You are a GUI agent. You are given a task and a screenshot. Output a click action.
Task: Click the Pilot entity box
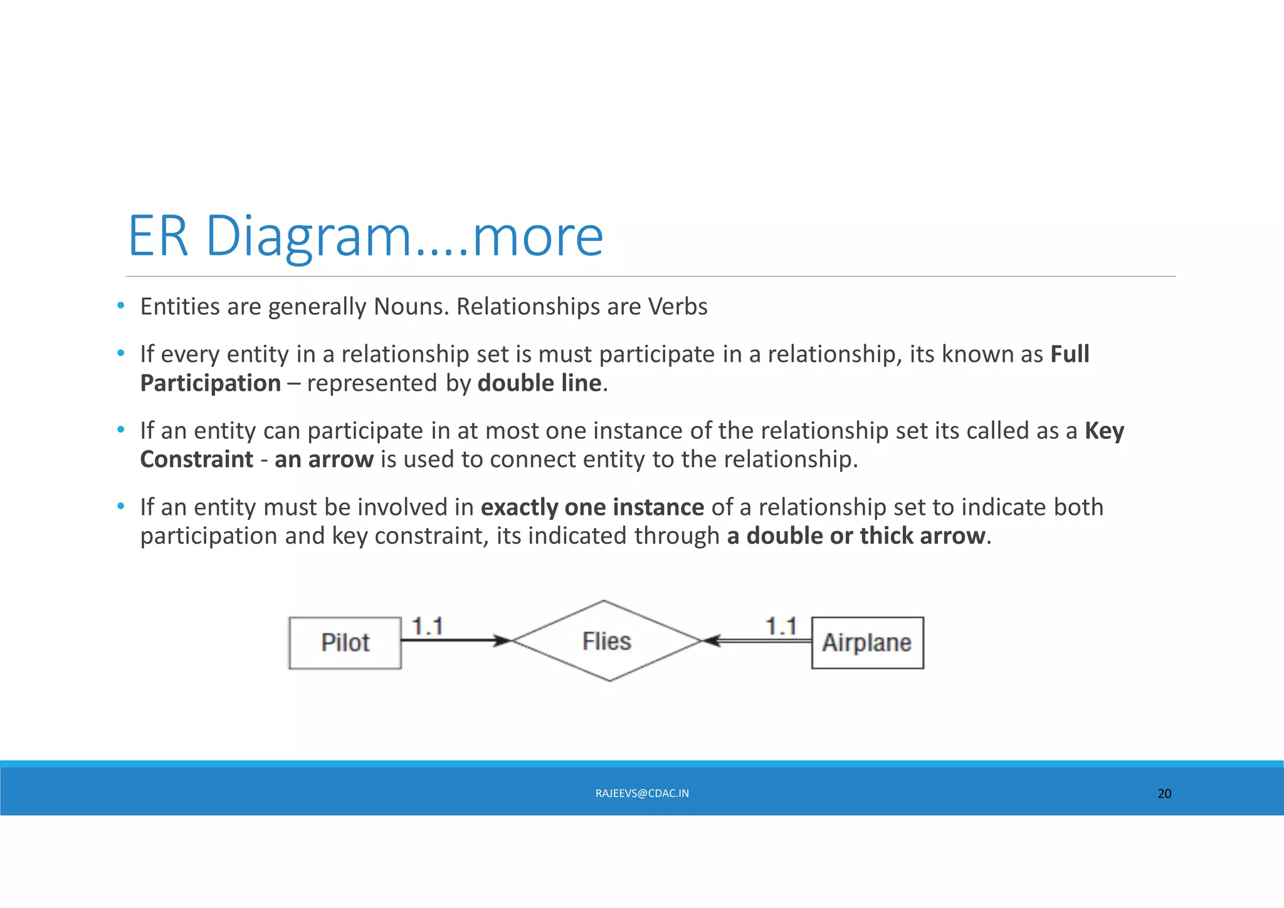pos(345,643)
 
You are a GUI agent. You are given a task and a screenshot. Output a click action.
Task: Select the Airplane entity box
pos(867,643)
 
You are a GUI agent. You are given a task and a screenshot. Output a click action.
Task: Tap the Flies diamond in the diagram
pos(606,641)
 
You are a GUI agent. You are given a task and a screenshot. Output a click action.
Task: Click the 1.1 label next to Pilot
pos(428,626)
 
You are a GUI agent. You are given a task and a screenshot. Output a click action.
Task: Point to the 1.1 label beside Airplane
pos(781,626)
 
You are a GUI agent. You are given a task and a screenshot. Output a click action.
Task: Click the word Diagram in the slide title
pos(308,237)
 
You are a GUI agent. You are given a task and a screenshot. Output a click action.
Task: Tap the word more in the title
pos(538,237)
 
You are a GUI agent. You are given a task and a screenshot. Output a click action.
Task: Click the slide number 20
pos(1164,793)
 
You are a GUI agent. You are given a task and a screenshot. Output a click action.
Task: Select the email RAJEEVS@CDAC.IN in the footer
pos(642,793)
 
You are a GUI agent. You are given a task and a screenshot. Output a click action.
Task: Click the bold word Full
pos(1070,354)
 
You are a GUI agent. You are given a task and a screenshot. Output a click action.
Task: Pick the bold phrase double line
pos(539,383)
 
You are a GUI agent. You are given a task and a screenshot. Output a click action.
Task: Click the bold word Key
pos(1104,431)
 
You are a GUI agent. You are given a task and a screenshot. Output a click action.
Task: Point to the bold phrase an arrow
pos(324,460)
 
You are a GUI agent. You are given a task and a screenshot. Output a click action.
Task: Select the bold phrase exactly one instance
pos(592,507)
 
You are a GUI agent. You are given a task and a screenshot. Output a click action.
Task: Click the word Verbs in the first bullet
pos(677,307)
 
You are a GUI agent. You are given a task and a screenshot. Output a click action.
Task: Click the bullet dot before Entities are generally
pos(121,306)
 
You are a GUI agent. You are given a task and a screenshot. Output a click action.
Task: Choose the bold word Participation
pos(211,383)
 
